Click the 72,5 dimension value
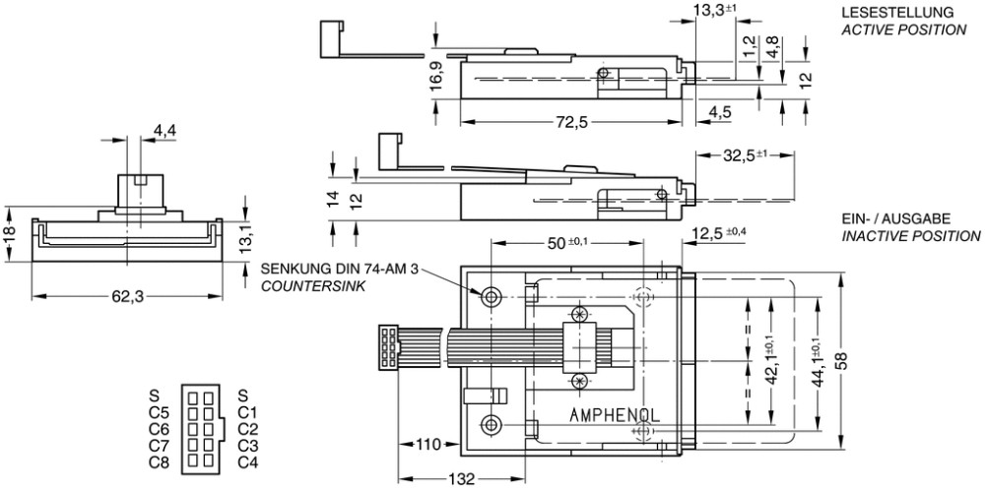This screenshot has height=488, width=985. [x=570, y=123]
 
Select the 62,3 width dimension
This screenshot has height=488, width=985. [x=127, y=298]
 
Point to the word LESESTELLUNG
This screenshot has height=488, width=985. [x=897, y=13]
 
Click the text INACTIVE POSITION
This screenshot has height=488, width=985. [x=911, y=236]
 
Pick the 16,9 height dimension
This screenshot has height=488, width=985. [x=437, y=77]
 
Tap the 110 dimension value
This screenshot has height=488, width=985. [x=428, y=445]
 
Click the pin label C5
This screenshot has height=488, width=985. [x=160, y=412]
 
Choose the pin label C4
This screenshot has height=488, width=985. [x=248, y=462]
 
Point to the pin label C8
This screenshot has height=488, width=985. [x=160, y=462]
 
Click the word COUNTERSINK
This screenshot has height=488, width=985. [x=313, y=286]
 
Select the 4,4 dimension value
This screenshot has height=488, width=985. [x=165, y=131]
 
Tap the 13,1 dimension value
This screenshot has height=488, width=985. [x=245, y=241]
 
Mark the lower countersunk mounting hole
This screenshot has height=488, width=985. [x=491, y=424]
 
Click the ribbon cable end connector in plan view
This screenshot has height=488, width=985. [x=389, y=347]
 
